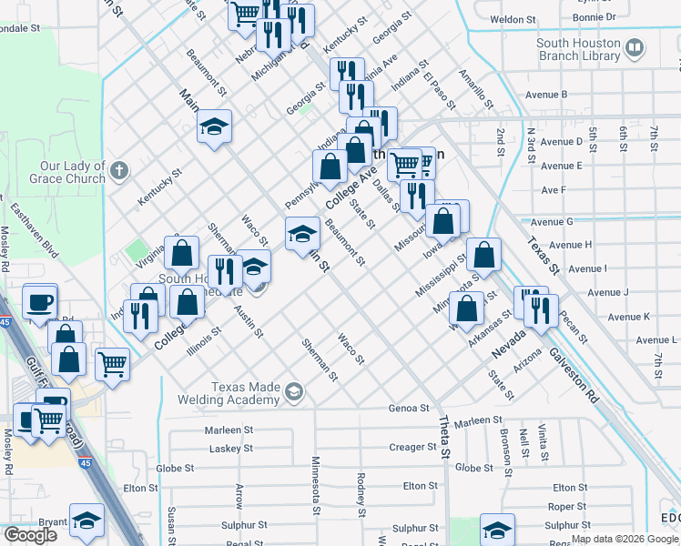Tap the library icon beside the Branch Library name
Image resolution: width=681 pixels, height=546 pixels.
coord(635,47)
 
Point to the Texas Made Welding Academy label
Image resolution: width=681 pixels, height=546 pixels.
coord(245,393)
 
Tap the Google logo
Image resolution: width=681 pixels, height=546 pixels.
coord(30,535)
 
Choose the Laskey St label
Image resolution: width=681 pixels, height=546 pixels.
coord(230,449)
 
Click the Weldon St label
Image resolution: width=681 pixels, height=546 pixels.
coord(513,19)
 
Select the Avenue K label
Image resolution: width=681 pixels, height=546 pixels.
coord(628,317)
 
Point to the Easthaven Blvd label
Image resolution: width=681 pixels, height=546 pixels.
coord(34,231)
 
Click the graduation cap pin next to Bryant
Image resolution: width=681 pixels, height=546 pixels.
coord(87,523)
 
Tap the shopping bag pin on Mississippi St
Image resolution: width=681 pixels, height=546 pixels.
coord(484,257)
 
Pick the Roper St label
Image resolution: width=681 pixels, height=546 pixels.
coord(567,507)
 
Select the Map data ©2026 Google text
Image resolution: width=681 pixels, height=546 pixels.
coord(625,539)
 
